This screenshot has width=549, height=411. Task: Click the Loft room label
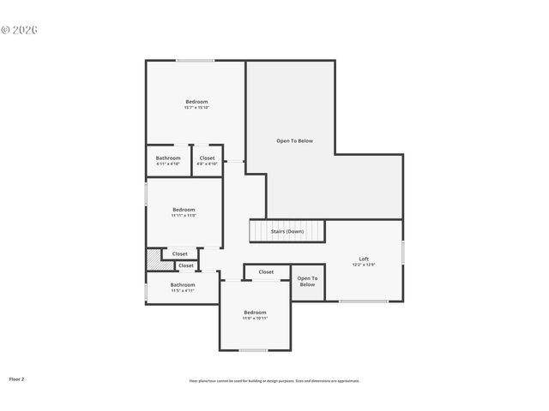pyautogui.click(x=363, y=259)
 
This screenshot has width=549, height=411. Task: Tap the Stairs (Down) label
pyautogui.click(x=287, y=231)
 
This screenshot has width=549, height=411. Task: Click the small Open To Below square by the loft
pyautogui.click(x=307, y=282)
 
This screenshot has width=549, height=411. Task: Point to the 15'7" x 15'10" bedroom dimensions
pyautogui.click(x=196, y=108)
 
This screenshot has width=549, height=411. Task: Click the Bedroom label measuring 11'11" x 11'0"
pyautogui.click(x=184, y=210)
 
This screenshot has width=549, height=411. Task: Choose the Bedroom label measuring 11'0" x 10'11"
pyautogui.click(x=255, y=313)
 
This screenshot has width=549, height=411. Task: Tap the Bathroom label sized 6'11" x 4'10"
pyautogui.click(x=168, y=158)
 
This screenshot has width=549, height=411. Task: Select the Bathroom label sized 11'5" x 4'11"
pyautogui.click(x=182, y=284)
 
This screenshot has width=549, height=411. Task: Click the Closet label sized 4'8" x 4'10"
pyautogui.click(x=207, y=158)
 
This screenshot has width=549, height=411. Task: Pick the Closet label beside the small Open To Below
pyautogui.click(x=266, y=272)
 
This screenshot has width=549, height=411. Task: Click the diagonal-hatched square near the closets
pyautogui.click(x=153, y=259)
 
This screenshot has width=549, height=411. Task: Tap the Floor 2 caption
pyautogui.click(x=16, y=378)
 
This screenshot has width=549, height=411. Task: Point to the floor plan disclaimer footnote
pyautogui.click(x=274, y=381)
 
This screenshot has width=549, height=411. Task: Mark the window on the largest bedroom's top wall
pyautogui.click(x=196, y=60)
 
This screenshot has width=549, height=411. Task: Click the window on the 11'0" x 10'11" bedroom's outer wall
pyautogui.click(x=253, y=350)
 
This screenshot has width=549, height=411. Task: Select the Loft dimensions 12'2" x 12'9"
pyautogui.click(x=363, y=265)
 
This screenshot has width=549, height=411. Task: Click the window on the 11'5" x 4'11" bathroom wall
pyautogui.click(x=146, y=292)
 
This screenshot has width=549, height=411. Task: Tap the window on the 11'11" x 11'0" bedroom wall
pyautogui.click(x=146, y=194)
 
